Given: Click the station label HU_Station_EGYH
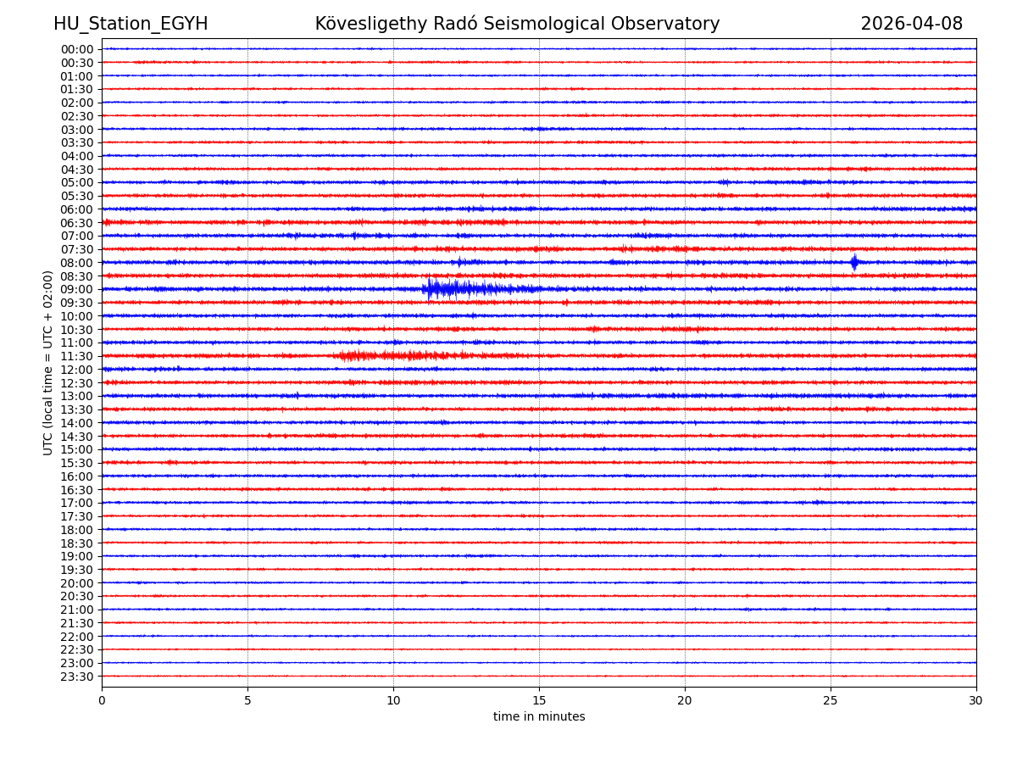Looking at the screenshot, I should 131,24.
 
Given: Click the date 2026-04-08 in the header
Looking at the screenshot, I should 911,24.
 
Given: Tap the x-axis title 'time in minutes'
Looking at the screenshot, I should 539,717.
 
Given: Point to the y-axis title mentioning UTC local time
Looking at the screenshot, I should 48,363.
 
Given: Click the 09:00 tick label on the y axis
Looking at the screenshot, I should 76,289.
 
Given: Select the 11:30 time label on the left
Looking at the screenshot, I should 76,356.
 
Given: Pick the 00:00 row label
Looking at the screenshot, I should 76,49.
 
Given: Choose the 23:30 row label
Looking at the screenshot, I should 76,677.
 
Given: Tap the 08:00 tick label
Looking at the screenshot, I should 76,263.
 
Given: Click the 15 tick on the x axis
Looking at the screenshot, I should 539,701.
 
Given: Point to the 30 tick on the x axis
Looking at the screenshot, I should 976,701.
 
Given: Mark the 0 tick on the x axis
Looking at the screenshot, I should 102,701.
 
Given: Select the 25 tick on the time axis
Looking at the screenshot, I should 831,701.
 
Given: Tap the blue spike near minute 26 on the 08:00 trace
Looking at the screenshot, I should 854,262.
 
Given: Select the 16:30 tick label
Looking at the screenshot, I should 76,489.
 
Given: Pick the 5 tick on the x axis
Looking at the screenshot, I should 247,701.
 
